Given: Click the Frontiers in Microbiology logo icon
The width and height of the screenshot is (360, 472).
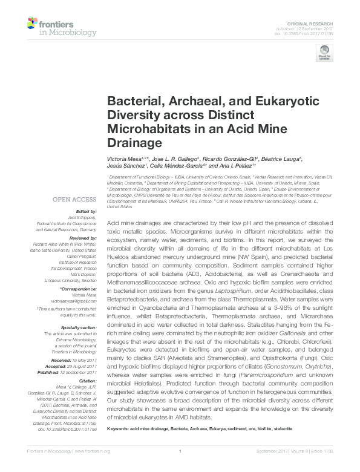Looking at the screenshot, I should pyautogui.click(x=34, y=25).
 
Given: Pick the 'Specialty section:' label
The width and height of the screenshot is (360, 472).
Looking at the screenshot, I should pyautogui.click(x=80, y=327).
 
